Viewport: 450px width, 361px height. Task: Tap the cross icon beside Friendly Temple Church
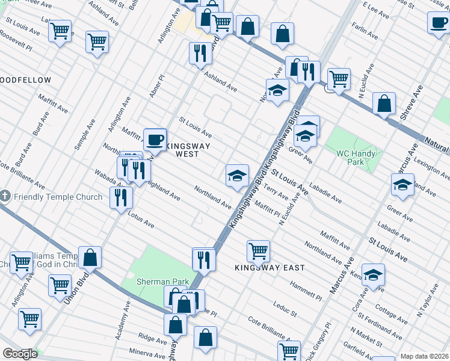5,197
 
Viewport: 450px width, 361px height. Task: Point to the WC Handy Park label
356,158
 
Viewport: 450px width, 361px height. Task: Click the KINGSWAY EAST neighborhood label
270,267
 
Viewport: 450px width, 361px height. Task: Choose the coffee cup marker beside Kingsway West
155,140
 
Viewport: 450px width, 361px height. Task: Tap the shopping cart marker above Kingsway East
258,250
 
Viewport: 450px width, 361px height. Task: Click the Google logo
19,354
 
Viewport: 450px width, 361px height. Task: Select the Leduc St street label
285,309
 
